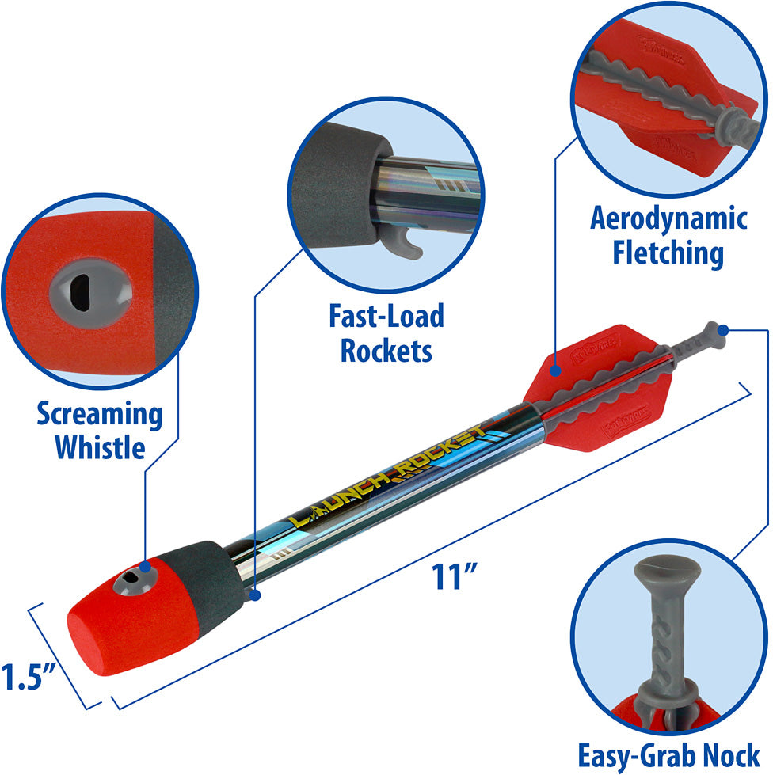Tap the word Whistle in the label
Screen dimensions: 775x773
[x=99, y=447]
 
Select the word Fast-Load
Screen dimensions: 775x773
[x=386, y=317]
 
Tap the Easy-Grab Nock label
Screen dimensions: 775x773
[x=668, y=755]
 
